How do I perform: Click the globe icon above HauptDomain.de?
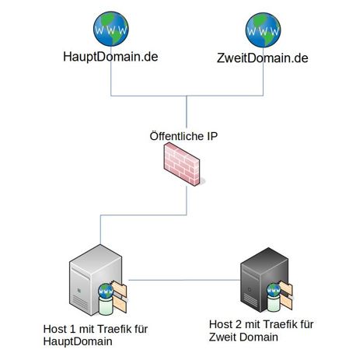(111, 29)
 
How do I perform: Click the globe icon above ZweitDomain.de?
(263, 30)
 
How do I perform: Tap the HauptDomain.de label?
(110, 57)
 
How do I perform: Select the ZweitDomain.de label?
(263, 58)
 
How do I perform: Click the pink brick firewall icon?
(182, 164)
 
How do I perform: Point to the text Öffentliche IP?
(183, 136)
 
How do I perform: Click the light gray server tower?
(96, 280)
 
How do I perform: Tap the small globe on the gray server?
(106, 291)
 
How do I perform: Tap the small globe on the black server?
(274, 290)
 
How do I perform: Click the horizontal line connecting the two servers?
(184, 280)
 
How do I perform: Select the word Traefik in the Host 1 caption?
(111, 329)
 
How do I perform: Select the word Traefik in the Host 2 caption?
(277, 324)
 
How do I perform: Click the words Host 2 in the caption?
(225, 324)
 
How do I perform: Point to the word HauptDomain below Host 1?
(78, 341)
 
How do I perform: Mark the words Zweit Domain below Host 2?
(243, 337)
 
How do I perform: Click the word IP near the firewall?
(212, 136)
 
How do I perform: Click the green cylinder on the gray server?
(106, 306)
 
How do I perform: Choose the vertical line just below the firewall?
(187, 201)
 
